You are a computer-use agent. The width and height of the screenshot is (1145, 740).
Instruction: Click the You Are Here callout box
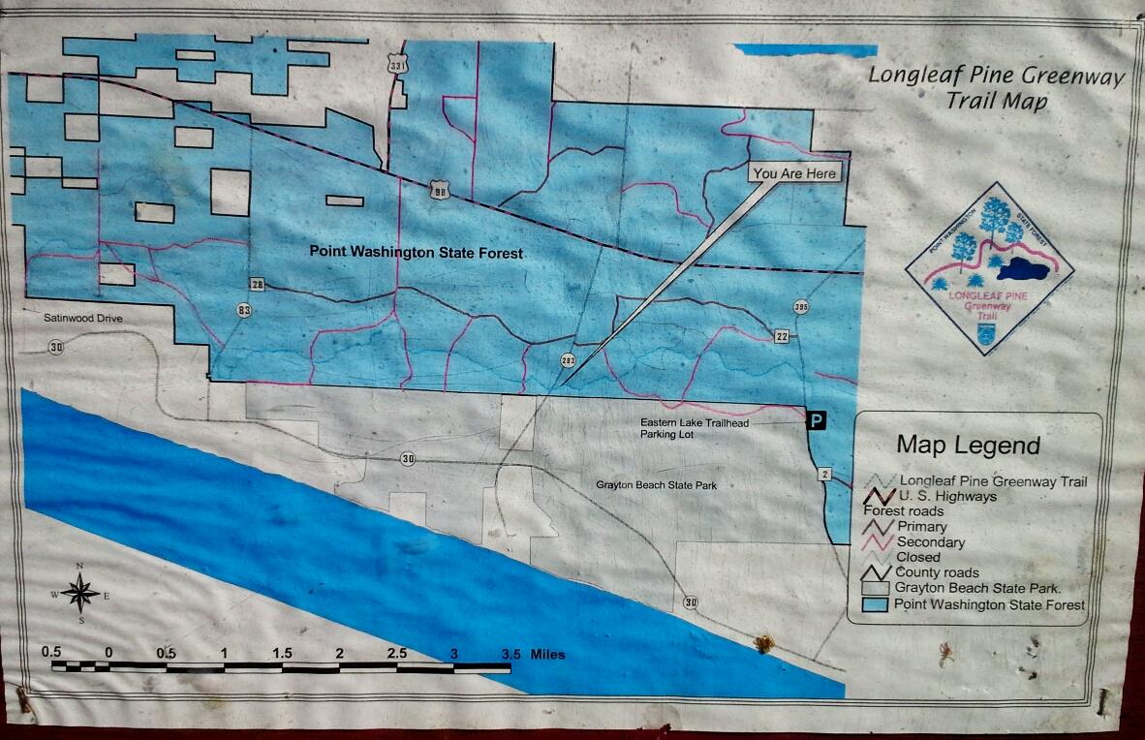(794, 173)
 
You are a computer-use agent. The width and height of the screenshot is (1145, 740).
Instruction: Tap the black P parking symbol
(818, 420)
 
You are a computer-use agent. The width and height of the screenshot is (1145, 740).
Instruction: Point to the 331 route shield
(394, 64)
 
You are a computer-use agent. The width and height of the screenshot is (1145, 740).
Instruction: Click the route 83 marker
(242, 310)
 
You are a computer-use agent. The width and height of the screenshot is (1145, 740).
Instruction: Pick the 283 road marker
(568, 361)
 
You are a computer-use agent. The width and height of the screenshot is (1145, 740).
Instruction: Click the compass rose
(81, 593)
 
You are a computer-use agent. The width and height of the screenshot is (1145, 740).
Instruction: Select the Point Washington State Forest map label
(416, 252)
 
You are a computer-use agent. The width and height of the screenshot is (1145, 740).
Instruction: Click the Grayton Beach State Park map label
(657, 484)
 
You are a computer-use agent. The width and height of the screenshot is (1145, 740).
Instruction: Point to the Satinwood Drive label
(85, 318)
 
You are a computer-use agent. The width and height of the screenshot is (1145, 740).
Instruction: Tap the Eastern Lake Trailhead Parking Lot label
(695, 428)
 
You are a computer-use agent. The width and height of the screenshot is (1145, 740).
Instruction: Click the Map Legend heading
(967, 445)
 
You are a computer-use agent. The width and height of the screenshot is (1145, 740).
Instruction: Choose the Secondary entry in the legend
(930, 542)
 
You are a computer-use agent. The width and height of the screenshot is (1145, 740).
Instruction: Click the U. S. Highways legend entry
(946, 496)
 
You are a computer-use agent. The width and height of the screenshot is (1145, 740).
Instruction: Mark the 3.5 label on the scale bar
(511, 654)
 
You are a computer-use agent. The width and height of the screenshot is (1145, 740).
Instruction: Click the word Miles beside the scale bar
(547, 654)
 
